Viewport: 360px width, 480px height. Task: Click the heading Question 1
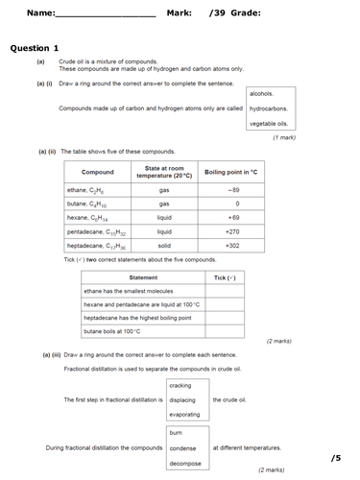35,48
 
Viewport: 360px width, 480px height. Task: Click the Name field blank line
106,15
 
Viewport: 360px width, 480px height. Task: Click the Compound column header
97,173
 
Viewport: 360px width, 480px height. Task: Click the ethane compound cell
91,190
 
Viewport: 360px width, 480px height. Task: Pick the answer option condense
182,448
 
